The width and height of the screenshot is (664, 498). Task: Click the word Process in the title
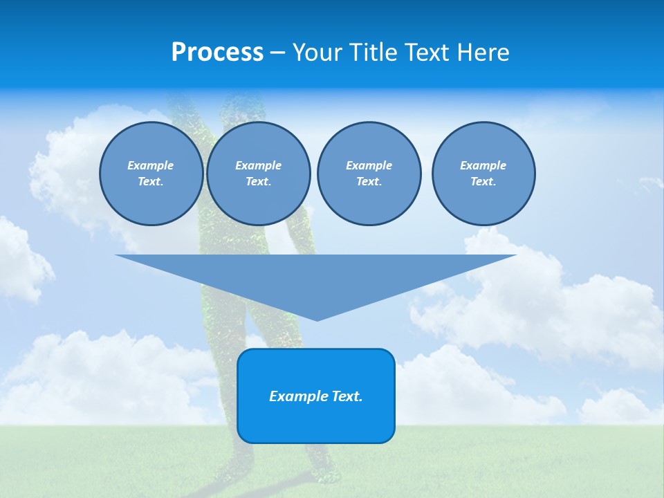pos(217,53)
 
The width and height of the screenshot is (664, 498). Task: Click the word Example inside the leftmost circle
pos(151,165)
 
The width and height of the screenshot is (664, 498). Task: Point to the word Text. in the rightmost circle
pos(483,182)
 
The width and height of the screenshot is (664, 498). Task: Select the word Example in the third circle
pos(369,165)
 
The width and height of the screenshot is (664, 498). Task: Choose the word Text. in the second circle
pos(258,182)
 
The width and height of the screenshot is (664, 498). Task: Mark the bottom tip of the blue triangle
pos(317,319)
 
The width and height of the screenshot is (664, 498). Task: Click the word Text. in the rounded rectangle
pos(348,396)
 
